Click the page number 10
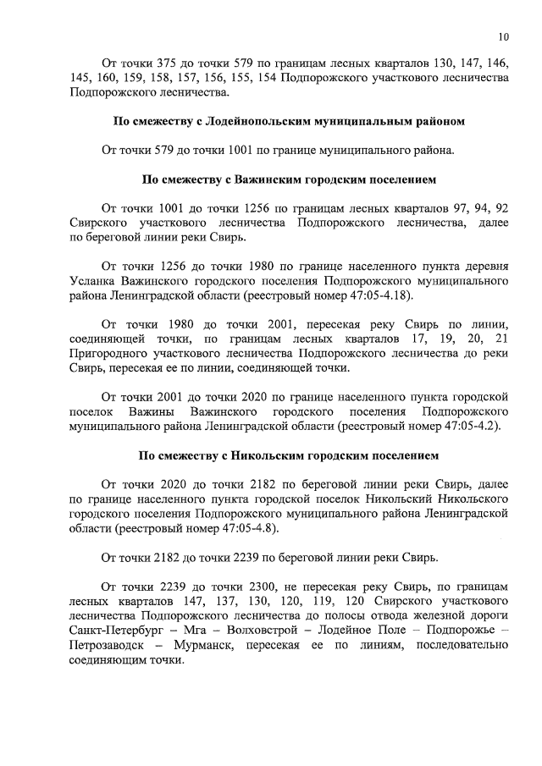point(504,36)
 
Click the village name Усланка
point(93,278)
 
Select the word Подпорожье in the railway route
point(460,631)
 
